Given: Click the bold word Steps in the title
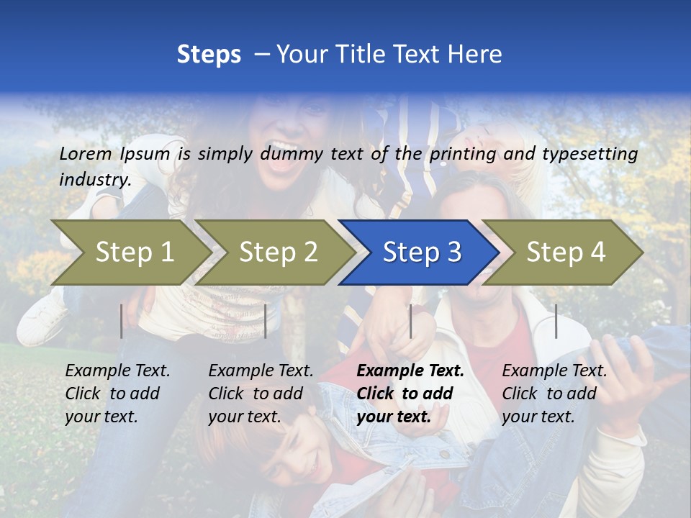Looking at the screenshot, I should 209,55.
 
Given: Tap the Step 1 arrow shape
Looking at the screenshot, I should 134,253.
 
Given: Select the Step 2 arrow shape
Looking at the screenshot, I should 278,253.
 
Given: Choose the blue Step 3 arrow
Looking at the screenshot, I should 422,253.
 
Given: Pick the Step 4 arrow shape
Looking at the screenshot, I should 566,253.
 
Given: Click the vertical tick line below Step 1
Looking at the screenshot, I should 122,321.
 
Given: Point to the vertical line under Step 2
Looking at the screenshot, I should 266,321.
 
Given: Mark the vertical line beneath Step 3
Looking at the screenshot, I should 411,321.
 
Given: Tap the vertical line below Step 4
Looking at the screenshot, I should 556,321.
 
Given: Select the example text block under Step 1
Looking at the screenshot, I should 117,393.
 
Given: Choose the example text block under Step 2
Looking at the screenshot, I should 261,393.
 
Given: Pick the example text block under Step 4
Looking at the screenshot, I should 554,393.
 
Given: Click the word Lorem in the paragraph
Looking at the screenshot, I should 86,154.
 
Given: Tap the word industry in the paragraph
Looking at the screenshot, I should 95,180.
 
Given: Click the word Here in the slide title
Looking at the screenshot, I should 477,55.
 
